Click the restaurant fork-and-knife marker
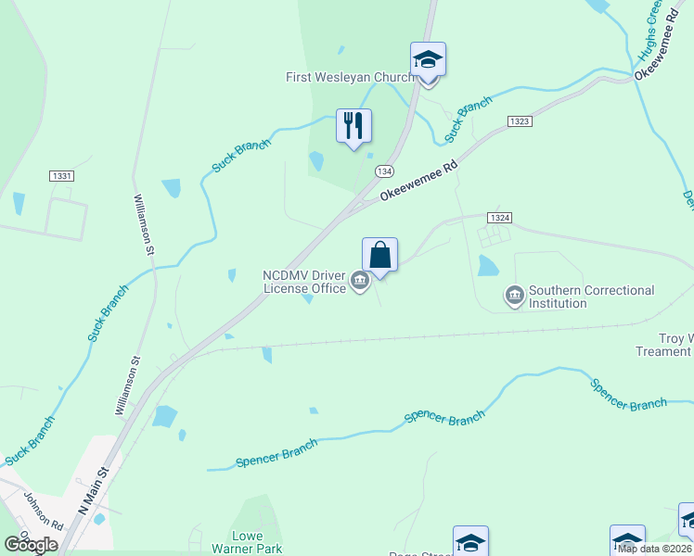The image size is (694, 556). pyautogui.click(x=353, y=125)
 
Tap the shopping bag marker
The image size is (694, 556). pyautogui.click(x=379, y=254)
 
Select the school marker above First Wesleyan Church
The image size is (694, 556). pyautogui.click(x=428, y=58)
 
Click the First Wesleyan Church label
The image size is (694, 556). pyautogui.click(x=350, y=78)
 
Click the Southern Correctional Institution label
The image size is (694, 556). pyautogui.click(x=591, y=297)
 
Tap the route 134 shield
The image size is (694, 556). pyautogui.click(x=384, y=172)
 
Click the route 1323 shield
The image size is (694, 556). pyautogui.click(x=520, y=121)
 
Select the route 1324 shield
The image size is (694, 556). pyautogui.click(x=498, y=217)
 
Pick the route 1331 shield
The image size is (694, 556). pyautogui.click(x=61, y=175)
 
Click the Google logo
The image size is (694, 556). pyautogui.click(x=31, y=545)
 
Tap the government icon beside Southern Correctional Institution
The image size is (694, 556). pyautogui.click(x=513, y=297)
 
